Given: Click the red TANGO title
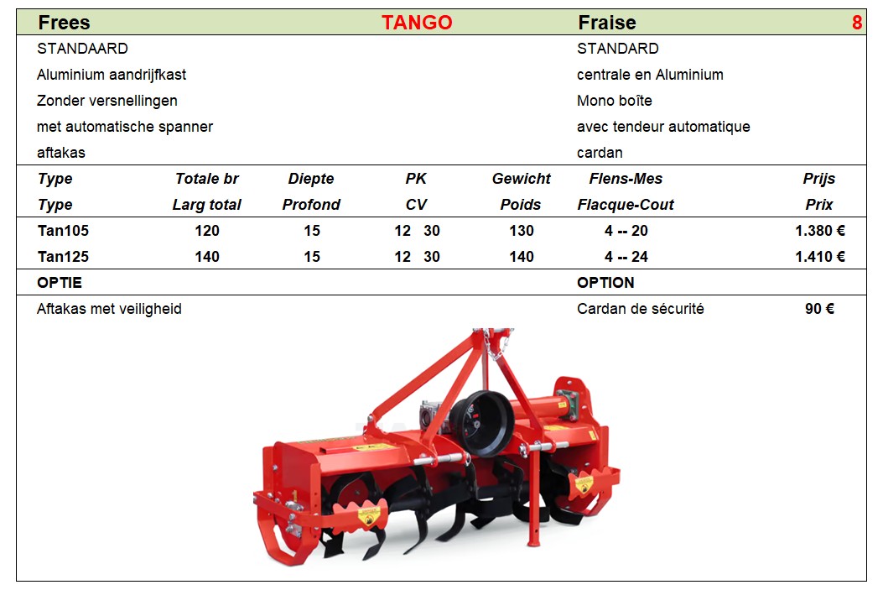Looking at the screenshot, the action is point(417,23).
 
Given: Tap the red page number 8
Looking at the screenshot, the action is point(856,23).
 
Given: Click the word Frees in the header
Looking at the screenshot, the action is point(64,23).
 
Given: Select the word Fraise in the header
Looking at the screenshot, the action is point(607,23).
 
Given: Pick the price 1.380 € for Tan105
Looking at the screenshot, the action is point(820,231).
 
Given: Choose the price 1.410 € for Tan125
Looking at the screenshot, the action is point(820,257).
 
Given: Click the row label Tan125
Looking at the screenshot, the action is point(63,257).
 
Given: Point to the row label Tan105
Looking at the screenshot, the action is point(63,231).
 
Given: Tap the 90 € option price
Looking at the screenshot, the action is point(819,309).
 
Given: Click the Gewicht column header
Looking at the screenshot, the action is point(521,179).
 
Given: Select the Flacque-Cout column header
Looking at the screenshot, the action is point(625,205).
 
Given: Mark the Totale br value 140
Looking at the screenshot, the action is point(207,257).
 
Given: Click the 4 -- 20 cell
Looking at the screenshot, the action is point(626,231).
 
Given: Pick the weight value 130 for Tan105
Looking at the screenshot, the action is point(522,231).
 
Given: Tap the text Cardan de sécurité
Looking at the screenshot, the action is point(641,309).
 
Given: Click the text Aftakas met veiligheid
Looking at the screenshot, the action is point(109,309).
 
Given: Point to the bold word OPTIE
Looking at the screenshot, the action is point(60,282).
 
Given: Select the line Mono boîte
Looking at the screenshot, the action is point(615,101).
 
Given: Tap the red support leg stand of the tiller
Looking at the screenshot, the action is point(532,496).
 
